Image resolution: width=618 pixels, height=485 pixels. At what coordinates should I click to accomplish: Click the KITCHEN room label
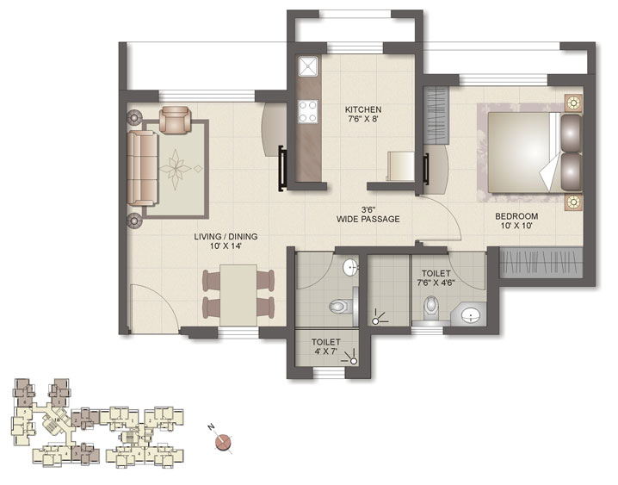[x=362, y=110]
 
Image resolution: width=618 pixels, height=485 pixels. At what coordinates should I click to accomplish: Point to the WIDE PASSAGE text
[x=368, y=220]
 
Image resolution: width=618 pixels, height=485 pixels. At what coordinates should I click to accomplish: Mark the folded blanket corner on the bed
[x=548, y=176]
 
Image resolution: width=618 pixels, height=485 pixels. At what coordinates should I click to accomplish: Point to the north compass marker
[x=224, y=443]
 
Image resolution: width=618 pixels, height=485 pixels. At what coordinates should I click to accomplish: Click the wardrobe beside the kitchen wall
[x=436, y=110]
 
